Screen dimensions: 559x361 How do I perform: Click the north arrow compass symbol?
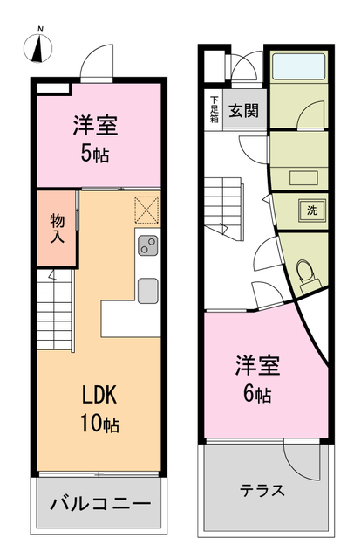tap(38, 48)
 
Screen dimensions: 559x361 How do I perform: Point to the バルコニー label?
tap(100, 504)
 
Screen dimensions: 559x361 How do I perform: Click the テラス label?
tap(262, 490)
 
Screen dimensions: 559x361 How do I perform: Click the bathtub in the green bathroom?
tap(298, 67)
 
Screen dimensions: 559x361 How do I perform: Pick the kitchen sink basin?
tap(147, 288)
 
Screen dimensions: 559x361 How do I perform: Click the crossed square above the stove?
tap(147, 210)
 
